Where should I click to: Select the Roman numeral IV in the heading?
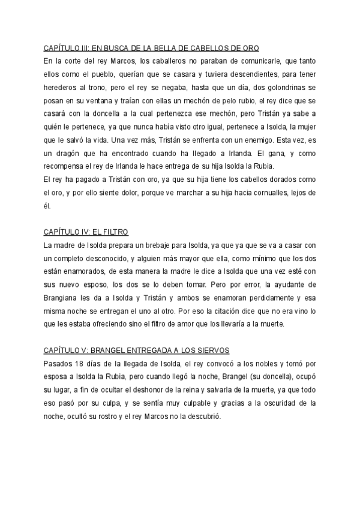[x=80, y=232]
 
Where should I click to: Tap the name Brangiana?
[x=64, y=298]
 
